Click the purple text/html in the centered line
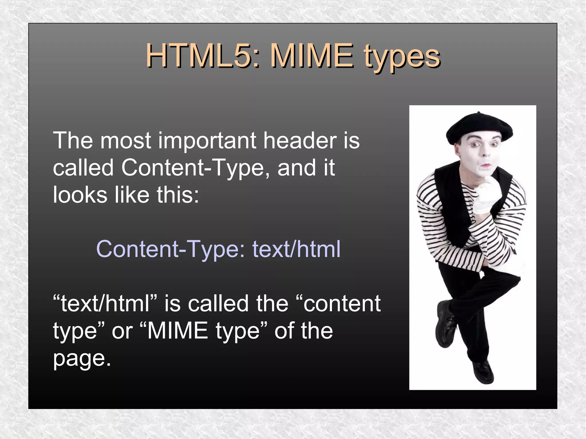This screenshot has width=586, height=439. tap(296, 249)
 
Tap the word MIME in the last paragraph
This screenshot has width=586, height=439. tap(177, 331)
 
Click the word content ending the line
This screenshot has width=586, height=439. tap(342, 304)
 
